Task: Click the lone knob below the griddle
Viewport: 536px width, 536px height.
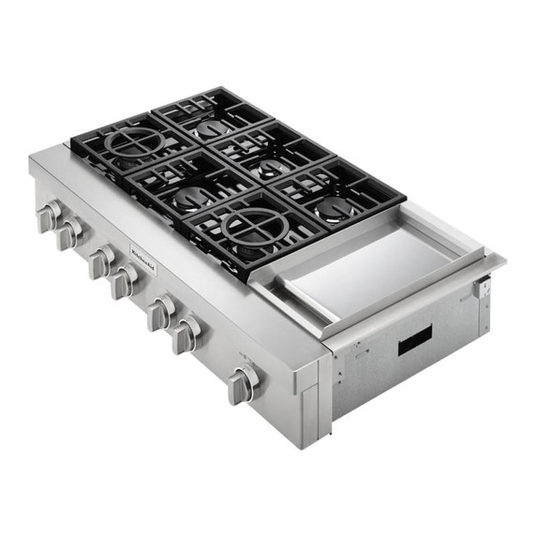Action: (244, 383)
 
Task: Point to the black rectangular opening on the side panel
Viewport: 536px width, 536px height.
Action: (415, 340)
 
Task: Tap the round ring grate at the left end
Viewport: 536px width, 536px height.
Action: (133, 143)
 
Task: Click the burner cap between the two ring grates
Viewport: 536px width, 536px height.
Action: (193, 196)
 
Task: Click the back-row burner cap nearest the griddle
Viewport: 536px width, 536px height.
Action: (333, 210)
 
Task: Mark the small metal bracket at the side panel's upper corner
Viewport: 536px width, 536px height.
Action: (484, 288)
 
